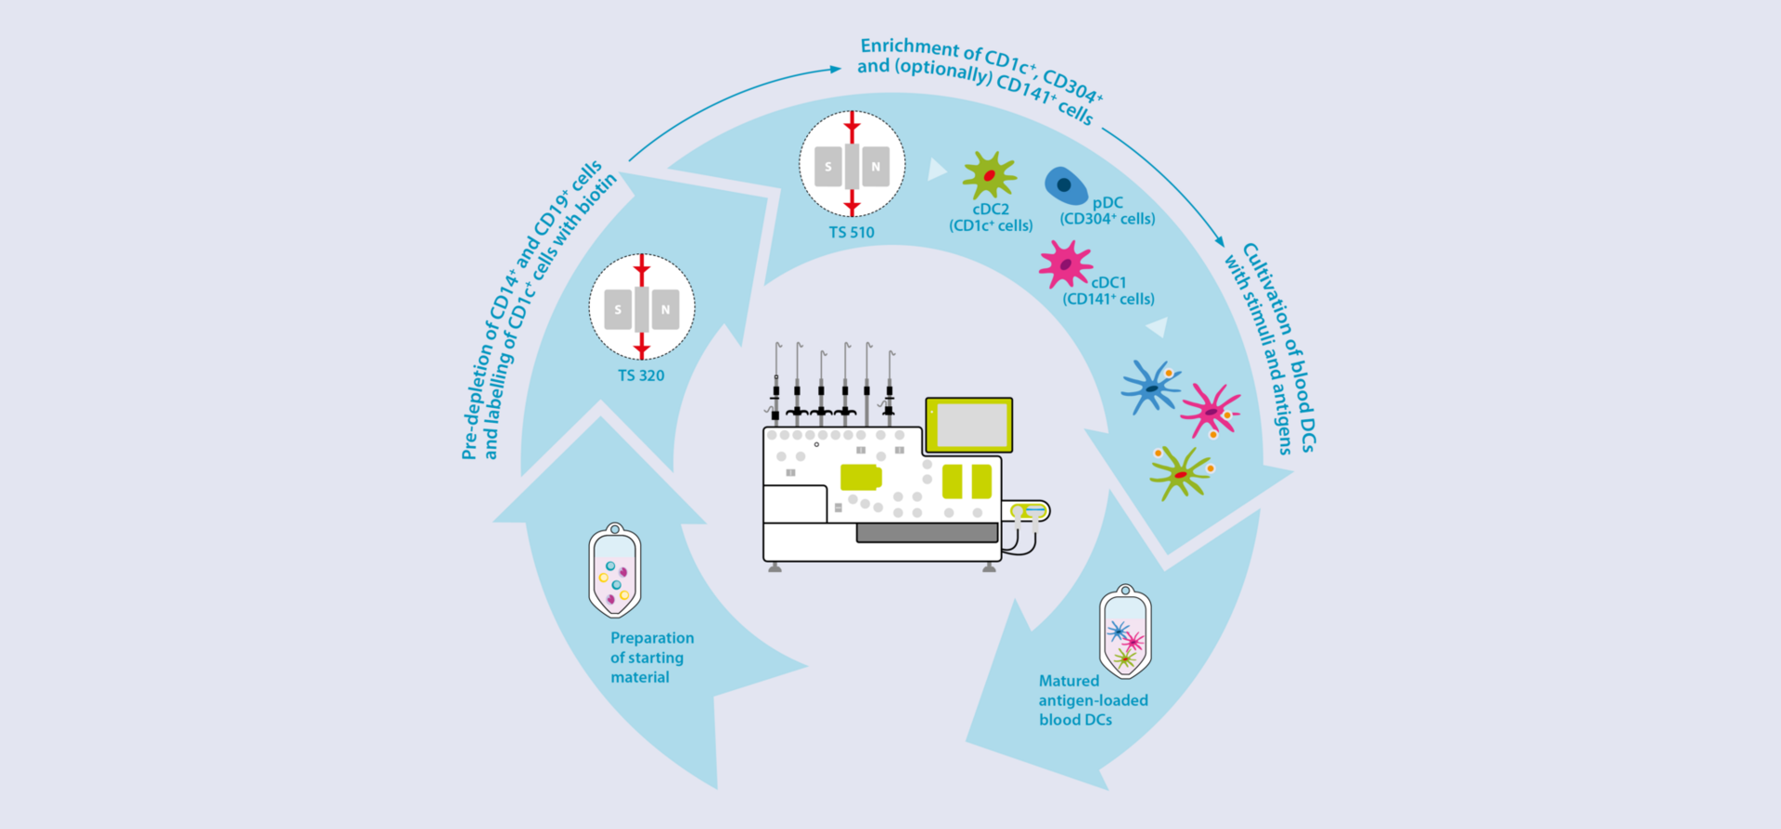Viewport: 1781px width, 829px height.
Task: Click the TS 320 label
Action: pos(641,376)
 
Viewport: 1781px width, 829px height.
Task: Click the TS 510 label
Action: pos(852,233)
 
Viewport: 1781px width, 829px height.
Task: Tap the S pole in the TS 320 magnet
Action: pos(618,310)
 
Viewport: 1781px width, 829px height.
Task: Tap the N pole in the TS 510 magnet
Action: pos(875,167)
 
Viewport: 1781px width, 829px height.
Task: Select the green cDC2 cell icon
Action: pos(989,174)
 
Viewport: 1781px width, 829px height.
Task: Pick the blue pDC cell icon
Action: pos(1066,185)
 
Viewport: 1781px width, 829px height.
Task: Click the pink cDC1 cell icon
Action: pos(1065,264)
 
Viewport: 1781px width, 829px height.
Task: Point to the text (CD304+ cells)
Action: pos(1108,219)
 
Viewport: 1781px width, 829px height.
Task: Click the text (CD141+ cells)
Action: pos(1108,299)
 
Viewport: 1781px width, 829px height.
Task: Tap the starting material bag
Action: pos(614,572)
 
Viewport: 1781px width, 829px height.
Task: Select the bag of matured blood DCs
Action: pos(1125,633)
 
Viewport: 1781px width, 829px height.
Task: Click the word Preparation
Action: pos(652,638)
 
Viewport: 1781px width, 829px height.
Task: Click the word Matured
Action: pos(1069,681)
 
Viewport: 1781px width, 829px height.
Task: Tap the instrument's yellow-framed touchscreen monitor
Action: pos(969,425)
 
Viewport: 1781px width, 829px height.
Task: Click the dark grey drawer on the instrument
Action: pos(927,532)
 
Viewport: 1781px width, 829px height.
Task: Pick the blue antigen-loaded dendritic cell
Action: pos(1150,388)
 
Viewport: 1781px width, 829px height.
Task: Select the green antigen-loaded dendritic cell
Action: pos(1180,473)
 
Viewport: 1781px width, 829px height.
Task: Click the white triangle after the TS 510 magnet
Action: pos(936,169)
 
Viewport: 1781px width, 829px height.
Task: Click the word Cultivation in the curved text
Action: pos(1267,288)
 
